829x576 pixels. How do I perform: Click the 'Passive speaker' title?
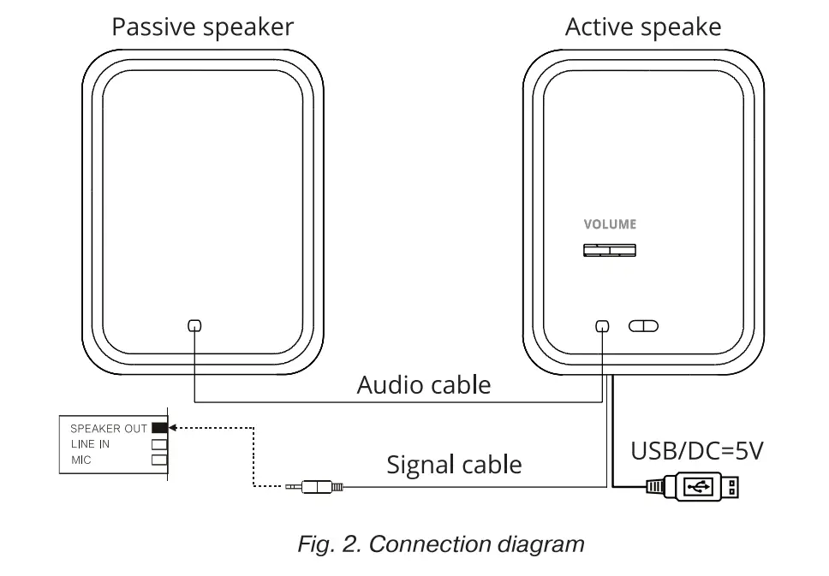coord(202,27)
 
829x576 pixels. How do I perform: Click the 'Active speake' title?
coord(642,27)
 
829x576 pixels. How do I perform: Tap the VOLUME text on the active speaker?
coord(610,224)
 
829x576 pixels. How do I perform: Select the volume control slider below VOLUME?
coord(610,250)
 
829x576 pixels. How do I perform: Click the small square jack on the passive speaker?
coord(194,325)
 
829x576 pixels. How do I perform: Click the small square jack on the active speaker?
coord(602,326)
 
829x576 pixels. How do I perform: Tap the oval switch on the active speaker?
coord(643,326)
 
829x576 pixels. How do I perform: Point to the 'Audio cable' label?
coord(424,384)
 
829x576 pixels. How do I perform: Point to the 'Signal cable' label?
coord(454,465)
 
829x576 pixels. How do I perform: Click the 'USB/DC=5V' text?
coord(696,450)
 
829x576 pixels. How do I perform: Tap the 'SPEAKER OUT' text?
coord(108,428)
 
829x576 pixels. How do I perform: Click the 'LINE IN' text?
coord(90,444)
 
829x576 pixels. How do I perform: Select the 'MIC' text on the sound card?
coord(81,460)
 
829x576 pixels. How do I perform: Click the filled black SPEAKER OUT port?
coord(158,427)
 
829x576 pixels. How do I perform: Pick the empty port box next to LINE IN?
coord(158,444)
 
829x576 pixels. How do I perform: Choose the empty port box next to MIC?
coord(158,460)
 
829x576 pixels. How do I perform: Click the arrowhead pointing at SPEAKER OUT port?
coord(172,427)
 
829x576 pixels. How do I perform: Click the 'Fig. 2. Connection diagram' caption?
coord(441,543)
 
